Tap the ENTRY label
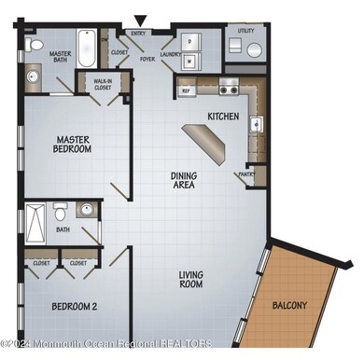pyautogui.click(x=140, y=34)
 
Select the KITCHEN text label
pyautogui.click(x=223, y=117)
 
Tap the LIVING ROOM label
pyautogui.click(x=191, y=279)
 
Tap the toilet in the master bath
pyautogui.click(x=34, y=43)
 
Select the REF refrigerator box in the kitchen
pyautogui.click(x=187, y=90)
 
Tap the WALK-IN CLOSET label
pyautogui.click(x=103, y=86)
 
